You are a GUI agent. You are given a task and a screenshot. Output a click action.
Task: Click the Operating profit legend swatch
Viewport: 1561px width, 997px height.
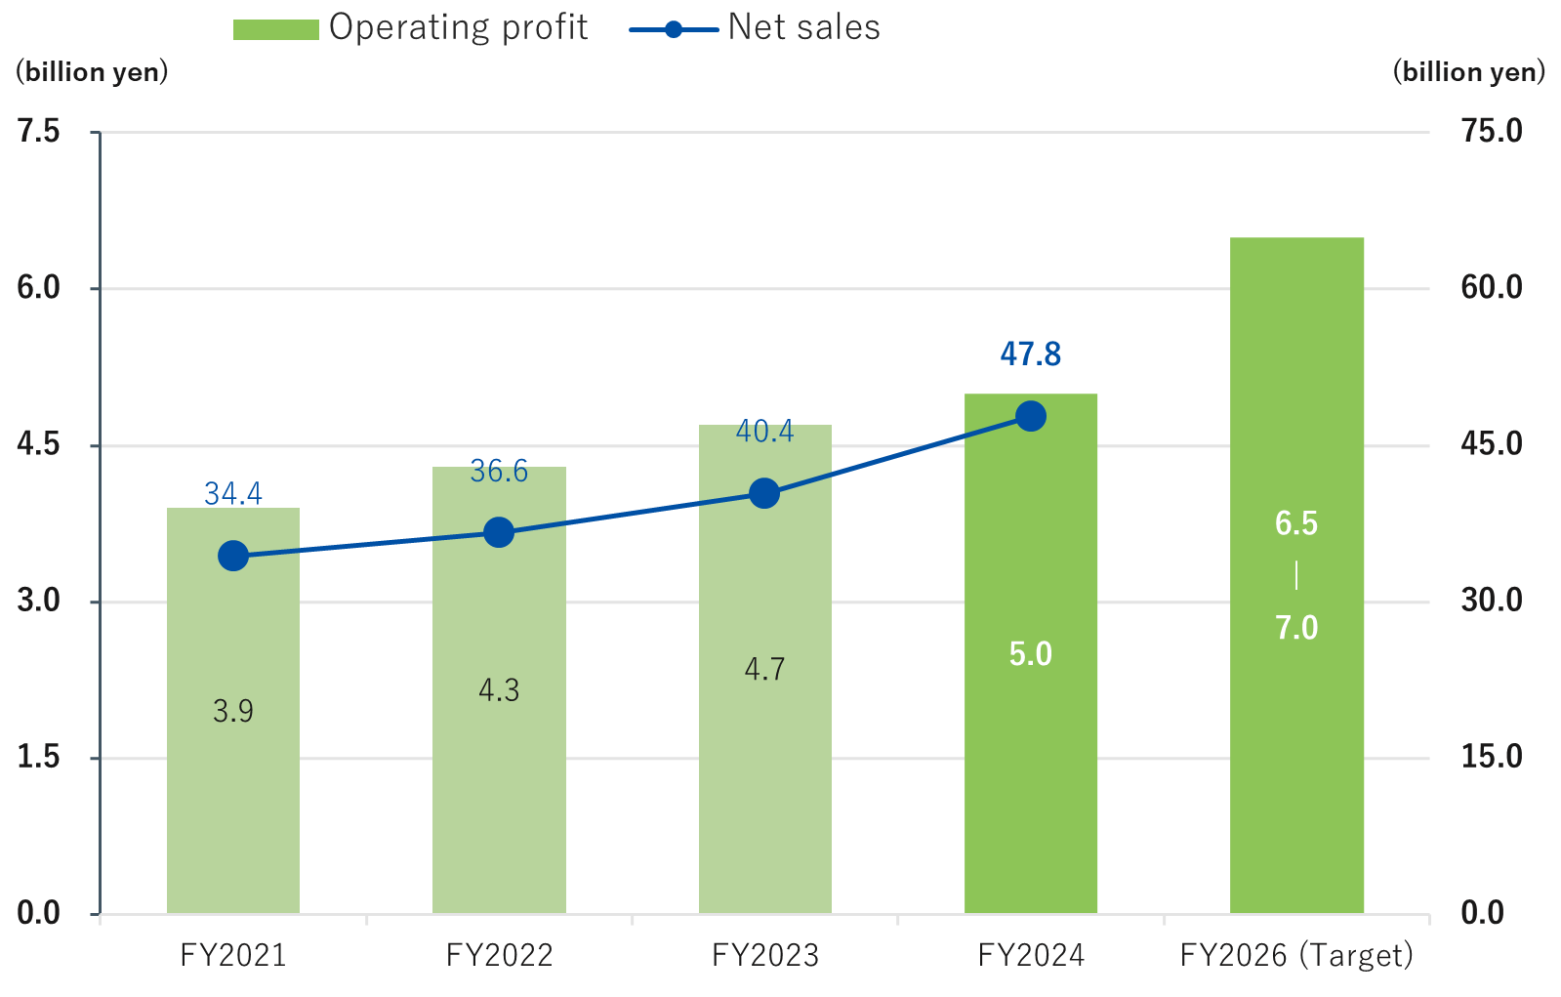coord(275,29)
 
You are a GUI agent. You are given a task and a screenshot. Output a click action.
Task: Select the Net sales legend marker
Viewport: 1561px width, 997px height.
coord(673,29)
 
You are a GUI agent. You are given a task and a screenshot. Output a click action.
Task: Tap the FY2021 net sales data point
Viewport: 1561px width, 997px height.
coord(233,556)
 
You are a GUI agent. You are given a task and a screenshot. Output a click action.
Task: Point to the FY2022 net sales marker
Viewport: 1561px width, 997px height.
coord(499,532)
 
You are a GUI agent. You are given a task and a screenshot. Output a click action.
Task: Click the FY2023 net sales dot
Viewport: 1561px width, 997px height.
coord(764,493)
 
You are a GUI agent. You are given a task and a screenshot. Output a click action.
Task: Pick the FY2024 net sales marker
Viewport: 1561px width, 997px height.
coord(1031,416)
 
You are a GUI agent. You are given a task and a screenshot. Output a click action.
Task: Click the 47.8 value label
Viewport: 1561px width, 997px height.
coord(1031,353)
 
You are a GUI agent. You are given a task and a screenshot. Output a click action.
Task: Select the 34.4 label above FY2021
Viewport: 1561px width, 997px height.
coord(233,493)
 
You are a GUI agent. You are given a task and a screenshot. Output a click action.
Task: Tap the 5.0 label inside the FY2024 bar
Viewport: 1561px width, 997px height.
coord(1031,653)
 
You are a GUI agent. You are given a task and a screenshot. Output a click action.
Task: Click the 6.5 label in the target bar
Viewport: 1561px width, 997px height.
coord(1296,523)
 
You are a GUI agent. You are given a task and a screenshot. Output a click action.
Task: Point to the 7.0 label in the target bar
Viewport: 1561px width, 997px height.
coord(1296,627)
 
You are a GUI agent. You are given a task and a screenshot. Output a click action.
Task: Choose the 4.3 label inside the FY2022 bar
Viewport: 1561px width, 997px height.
coord(499,690)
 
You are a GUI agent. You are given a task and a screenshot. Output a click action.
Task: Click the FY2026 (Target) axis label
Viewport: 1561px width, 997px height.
coord(1296,954)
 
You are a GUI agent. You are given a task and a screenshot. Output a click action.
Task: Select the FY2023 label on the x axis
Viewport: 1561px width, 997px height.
coord(764,954)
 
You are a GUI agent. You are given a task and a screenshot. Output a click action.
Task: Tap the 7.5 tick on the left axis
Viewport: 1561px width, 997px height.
coord(39,131)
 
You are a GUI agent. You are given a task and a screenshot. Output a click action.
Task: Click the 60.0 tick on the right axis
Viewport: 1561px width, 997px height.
coord(1491,287)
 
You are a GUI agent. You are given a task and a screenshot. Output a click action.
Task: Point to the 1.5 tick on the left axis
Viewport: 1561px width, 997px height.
coord(39,757)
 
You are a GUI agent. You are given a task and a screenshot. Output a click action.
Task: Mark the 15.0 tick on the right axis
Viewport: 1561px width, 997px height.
coord(1491,757)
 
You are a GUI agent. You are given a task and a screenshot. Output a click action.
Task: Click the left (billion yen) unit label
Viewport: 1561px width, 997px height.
coord(92,72)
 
